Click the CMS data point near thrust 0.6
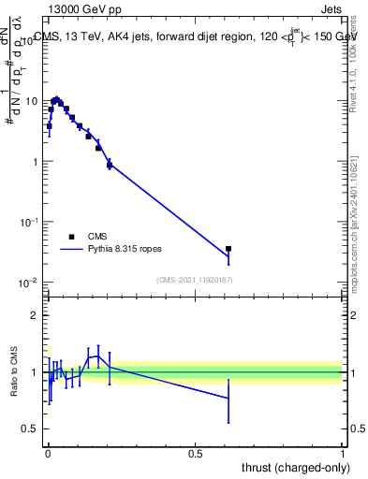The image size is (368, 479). click(228, 249)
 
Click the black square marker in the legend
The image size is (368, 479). click(71, 238)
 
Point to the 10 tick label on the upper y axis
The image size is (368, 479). click(32, 101)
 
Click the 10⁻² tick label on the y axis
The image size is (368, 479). click(30, 283)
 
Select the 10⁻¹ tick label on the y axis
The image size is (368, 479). click(30, 222)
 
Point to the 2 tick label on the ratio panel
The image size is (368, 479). click(37, 315)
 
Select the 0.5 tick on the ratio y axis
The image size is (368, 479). click(34, 428)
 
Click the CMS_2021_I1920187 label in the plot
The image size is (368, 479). click(195, 280)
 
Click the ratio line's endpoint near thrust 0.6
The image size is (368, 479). click(228, 399)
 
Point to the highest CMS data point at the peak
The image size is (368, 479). click(56, 99)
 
